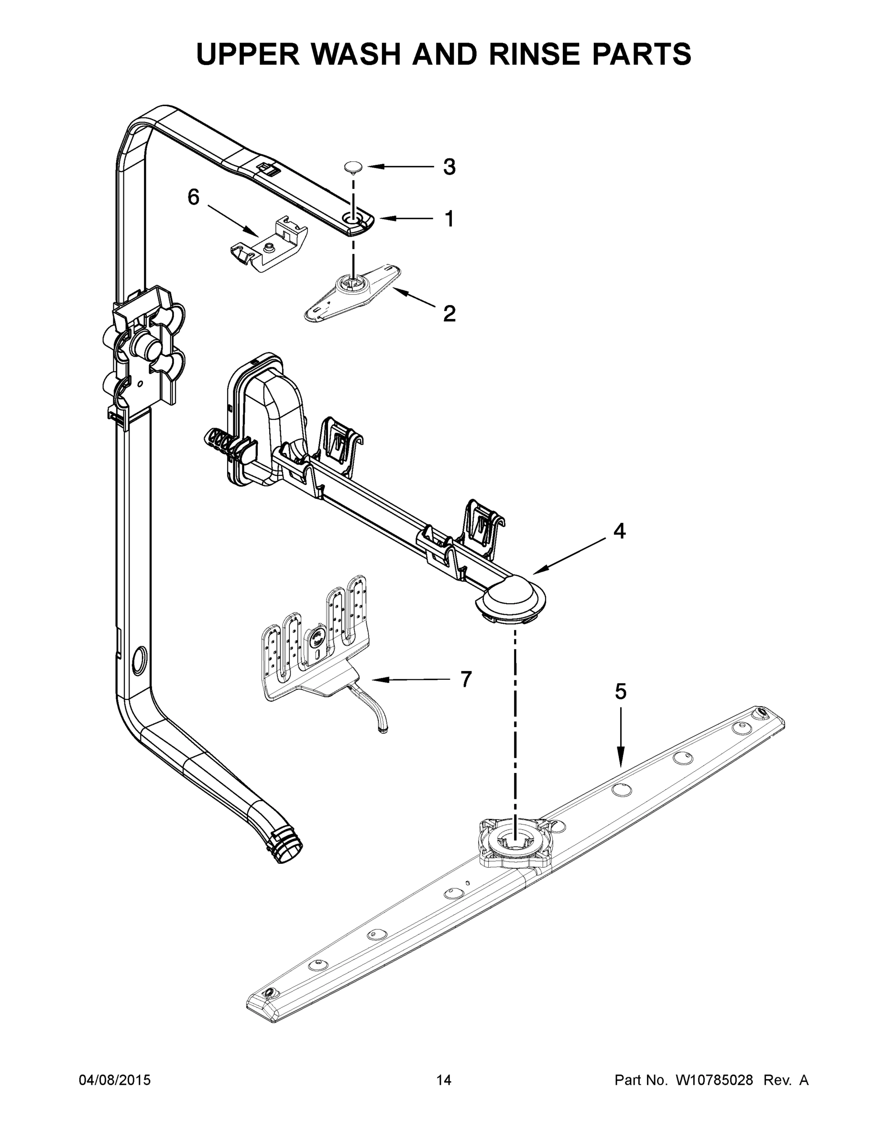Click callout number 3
[449, 167]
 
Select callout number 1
[449, 219]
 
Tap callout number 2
[449, 314]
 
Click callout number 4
[620, 531]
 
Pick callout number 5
[621, 692]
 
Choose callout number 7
[466, 679]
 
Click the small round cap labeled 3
[354, 167]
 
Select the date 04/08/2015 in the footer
[115, 1080]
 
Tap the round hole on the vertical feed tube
[140, 660]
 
